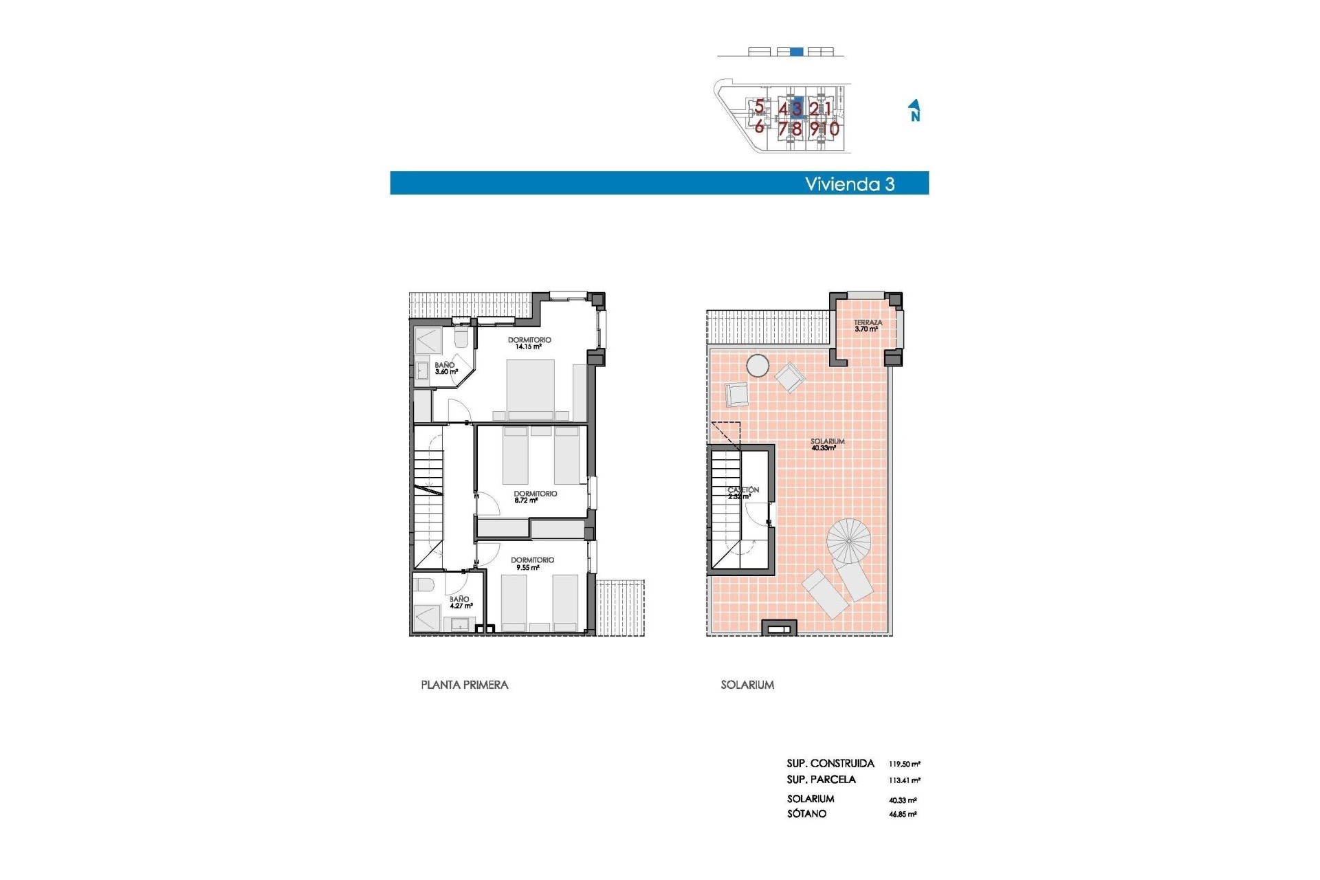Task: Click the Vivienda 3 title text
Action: pos(850,184)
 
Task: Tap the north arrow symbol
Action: pos(914,111)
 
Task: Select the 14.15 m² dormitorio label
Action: pos(529,343)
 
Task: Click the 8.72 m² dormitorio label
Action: pos(535,497)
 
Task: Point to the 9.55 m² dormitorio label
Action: pos(532,564)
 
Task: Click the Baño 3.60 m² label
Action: pos(445,368)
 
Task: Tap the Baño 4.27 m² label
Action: pos(460,602)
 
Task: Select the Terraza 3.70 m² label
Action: pos(868,326)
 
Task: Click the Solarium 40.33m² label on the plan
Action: pos(826,445)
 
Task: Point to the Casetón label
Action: pos(743,492)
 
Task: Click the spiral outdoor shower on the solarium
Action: pos(849,540)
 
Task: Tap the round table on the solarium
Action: pos(758,365)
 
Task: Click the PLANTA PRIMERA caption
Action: pos(465,685)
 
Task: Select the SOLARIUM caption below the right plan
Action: pos(747,685)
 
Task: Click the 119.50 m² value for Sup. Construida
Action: pos(904,764)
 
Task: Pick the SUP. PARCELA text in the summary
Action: pos(821,780)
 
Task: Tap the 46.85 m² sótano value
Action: pos(903,814)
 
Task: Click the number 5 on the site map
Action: pos(759,107)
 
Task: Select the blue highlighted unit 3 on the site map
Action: pos(797,108)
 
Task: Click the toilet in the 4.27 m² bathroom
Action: pos(423,585)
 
